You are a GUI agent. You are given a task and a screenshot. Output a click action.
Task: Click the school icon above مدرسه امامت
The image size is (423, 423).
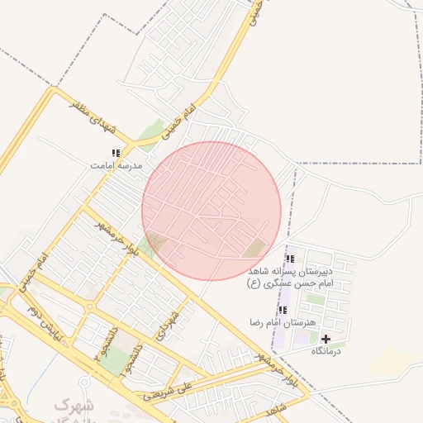click(116, 153)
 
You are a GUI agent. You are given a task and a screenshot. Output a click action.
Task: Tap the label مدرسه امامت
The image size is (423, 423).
click(116, 165)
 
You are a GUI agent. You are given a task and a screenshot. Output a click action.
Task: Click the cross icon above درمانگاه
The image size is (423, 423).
click(326, 339)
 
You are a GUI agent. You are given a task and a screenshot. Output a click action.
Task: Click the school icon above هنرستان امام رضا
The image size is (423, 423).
click(283, 310)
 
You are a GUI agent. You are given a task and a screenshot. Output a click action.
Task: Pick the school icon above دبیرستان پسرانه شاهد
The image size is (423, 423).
click(289, 259)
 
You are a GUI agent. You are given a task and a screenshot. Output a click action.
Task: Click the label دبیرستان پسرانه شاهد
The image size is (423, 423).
click(289, 271)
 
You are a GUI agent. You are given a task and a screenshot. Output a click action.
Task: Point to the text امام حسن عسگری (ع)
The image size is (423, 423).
click(289, 283)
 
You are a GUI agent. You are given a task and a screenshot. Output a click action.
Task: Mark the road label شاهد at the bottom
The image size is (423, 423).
click(276, 409)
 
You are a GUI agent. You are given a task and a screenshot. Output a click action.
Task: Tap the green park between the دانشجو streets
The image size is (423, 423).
click(119, 358)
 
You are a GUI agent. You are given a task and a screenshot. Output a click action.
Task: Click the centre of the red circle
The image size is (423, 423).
click(211, 210)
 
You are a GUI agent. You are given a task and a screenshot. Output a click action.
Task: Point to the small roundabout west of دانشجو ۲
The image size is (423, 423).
click(89, 307)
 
